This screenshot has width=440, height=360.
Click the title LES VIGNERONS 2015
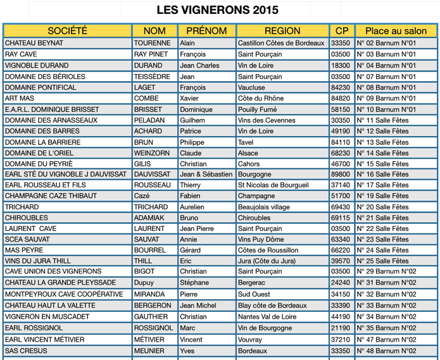217,10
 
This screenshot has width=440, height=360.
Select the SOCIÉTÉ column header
67,31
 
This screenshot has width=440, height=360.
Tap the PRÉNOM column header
206,31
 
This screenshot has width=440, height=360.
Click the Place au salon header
396,31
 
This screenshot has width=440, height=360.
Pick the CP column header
342,31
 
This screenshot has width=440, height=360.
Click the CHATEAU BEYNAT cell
34,43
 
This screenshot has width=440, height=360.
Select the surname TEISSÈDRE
152,77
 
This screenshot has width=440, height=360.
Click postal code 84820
340,99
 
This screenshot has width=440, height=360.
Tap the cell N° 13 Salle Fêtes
383,142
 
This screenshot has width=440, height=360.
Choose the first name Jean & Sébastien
206,175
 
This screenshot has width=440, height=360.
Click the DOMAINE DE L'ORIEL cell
39,153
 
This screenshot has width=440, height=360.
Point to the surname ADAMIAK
149,218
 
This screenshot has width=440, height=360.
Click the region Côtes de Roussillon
267,250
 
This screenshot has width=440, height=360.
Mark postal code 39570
340,261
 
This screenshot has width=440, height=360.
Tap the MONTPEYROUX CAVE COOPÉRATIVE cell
64,294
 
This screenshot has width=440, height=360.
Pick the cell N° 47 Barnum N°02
386,340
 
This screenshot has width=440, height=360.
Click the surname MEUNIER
149,351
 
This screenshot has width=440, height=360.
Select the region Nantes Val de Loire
267,317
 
